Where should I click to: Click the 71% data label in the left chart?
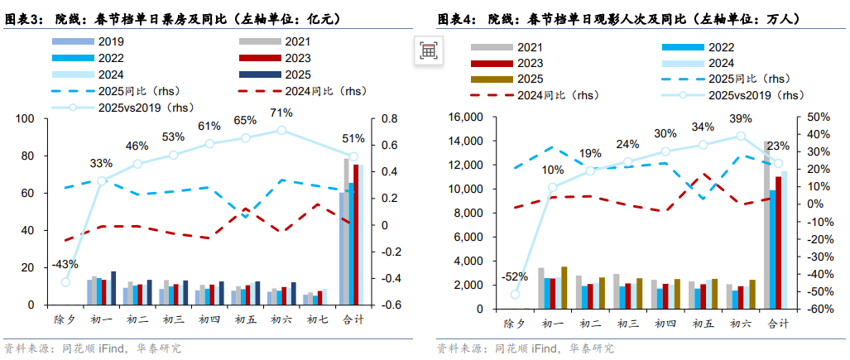click(281, 113)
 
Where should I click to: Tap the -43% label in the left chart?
click(64, 265)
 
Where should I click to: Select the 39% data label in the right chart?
click(740, 118)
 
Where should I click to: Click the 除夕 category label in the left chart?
click(64, 319)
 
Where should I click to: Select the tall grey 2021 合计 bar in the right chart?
click(767, 224)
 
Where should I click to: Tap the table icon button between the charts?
click(428, 50)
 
